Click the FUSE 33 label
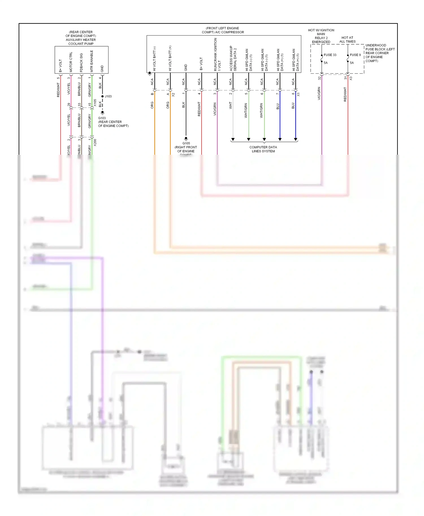click(330, 55)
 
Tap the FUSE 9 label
click(355, 55)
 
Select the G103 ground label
click(102, 118)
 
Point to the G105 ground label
click(186, 143)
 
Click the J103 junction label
click(108, 96)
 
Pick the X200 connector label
click(95, 142)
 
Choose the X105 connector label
click(95, 103)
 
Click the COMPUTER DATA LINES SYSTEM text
click(263, 149)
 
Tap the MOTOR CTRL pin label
click(71, 62)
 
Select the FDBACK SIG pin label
click(81, 63)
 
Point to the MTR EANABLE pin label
click(92, 61)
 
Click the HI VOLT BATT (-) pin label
click(154, 59)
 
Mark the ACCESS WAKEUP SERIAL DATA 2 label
click(233, 58)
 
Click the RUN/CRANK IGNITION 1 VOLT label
click(217, 54)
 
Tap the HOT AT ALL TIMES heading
click(347, 40)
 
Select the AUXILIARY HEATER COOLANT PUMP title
click(81, 41)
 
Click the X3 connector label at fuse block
click(351, 78)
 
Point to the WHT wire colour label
click(230, 105)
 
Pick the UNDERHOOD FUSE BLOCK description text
click(380, 53)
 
